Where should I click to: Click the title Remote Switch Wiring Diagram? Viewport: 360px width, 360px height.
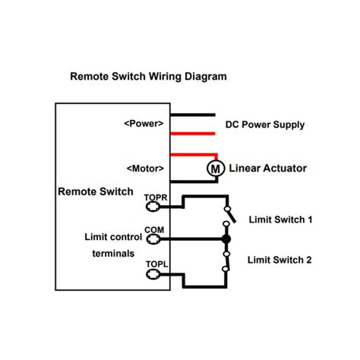(148, 77)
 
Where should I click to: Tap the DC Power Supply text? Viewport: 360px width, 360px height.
(264, 124)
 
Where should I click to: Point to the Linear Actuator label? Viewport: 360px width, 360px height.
(267, 168)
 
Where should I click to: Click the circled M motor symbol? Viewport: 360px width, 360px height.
(216, 169)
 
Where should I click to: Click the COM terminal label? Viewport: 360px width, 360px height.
(154, 229)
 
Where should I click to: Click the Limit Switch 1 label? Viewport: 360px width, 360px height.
(280, 219)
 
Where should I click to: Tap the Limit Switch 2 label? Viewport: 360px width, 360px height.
(280, 259)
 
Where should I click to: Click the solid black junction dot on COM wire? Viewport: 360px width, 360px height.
(226, 239)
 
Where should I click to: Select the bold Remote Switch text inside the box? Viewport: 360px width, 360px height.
(96, 191)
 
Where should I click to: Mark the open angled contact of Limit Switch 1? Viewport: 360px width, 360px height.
(230, 215)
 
